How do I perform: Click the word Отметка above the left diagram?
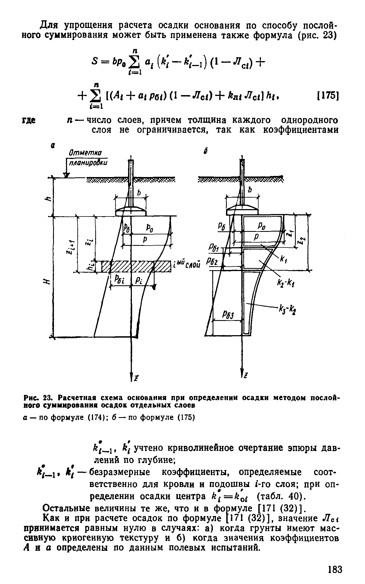82,152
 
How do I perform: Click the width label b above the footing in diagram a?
139,193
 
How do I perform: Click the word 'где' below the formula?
29,121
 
